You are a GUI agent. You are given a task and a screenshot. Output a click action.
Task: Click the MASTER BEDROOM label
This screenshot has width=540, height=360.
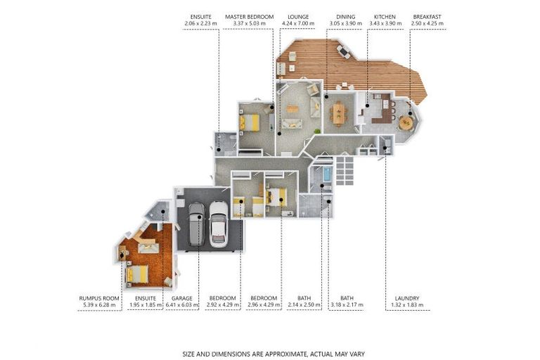pos(249,16)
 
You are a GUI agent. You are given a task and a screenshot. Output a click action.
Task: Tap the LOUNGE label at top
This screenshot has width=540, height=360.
pos(298,16)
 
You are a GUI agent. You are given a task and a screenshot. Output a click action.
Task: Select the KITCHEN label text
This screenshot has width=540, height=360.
pos(385,16)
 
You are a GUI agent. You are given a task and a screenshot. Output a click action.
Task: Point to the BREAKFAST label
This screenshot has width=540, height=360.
pos(427,16)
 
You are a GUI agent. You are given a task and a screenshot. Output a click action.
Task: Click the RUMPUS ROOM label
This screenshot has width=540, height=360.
pos(95,298)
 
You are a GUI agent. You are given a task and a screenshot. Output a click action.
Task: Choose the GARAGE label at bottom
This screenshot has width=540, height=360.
pos(181,298)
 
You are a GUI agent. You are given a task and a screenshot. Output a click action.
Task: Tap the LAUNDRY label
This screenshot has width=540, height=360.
pos(406,298)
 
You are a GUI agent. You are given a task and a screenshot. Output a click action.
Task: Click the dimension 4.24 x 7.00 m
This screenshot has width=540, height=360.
pos(298,24)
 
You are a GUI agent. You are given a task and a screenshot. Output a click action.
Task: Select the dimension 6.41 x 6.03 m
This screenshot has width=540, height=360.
pos(181,306)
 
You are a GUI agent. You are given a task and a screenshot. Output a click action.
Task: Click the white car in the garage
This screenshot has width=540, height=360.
pos(219,223)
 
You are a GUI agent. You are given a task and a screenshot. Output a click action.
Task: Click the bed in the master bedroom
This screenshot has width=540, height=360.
pos(249,123)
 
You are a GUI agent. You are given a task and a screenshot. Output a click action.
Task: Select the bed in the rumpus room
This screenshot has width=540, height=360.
pos(138,274)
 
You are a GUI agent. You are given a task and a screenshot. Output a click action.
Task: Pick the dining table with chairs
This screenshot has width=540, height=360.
pos(339,112)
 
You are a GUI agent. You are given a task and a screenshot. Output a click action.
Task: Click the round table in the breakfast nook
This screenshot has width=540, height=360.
pos(406,122)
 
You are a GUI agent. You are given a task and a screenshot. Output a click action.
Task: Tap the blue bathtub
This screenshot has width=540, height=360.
pos(326,174)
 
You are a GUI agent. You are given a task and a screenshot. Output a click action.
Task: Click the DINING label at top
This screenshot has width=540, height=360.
pos(345,16)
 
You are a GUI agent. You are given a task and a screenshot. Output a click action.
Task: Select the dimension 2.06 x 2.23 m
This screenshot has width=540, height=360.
pos(200,24)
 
